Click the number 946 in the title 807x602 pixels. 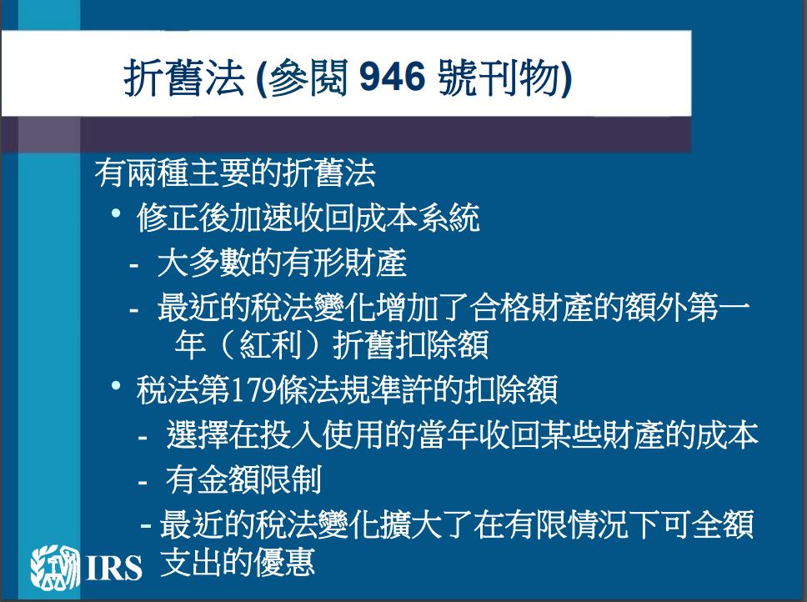[392, 78]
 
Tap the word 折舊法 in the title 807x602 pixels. [183, 78]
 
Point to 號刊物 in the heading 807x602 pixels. [499, 78]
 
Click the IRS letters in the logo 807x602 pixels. [114, 568]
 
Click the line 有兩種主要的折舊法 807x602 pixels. [235, 173]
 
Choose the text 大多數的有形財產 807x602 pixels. [282, 263]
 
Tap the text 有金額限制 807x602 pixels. [243, 479]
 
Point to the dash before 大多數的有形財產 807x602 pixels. [134, 266]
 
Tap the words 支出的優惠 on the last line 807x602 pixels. [238, 561]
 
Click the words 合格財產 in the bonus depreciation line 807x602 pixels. [531, 308]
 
